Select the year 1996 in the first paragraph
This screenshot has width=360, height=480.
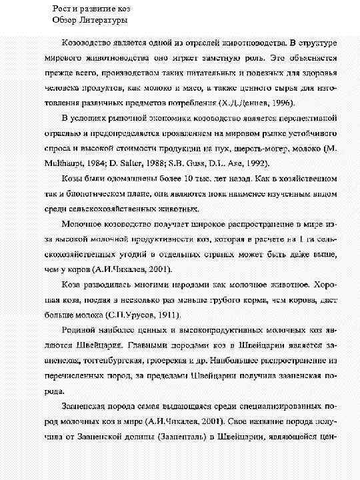pyautogui.click(x=285, y=102)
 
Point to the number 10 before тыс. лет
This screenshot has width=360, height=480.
pyautogui.click(x=189, y=179)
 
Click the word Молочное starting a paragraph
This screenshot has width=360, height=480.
pyautogui.click(x=85, y=225)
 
